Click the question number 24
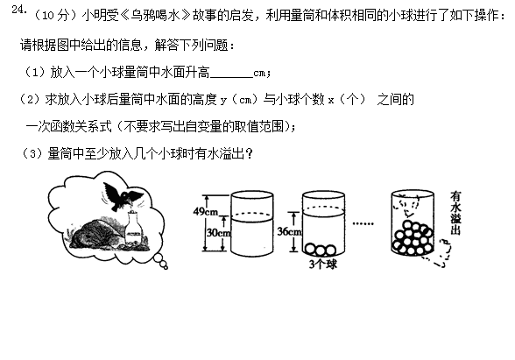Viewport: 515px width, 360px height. [18, 10]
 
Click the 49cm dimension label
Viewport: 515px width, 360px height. [206, 212]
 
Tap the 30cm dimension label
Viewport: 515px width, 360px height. [219, 233]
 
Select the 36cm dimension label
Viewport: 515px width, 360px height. [289, 231]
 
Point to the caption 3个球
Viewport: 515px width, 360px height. [323, 264]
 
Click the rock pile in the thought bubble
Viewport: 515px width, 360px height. [96, 235]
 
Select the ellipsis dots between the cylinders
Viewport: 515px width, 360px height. [363, 223]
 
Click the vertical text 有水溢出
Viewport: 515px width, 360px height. [455, 213]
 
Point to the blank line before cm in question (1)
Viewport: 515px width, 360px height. [231, 76]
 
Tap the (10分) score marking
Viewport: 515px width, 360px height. [57, 16]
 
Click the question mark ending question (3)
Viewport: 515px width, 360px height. [249, 153]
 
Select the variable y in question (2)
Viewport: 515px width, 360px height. [223, 101]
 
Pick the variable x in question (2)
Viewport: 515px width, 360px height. [331, 100]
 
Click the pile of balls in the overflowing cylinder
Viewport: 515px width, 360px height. [413, 238]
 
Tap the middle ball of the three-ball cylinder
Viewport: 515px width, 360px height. [321, 251]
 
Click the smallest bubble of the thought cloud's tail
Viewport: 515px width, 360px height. [166, 267]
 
